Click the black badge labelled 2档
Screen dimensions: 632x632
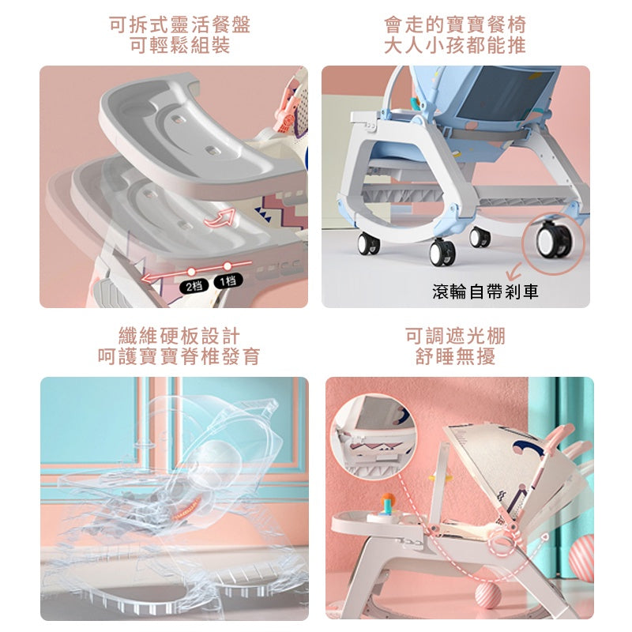194,286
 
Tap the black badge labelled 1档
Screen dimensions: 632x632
228,280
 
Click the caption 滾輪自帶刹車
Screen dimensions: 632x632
485,291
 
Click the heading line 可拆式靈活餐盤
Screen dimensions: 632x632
180,25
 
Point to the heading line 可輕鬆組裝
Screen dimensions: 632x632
180,45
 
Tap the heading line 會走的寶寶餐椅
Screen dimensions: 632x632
455,25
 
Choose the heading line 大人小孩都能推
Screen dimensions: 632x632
455,45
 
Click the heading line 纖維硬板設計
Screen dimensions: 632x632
179,337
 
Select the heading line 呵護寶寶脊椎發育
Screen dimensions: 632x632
179,356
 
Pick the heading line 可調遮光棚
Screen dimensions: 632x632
455,337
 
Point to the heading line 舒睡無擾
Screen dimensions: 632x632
455,356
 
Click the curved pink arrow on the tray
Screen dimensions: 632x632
220,218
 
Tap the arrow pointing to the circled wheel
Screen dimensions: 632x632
513,272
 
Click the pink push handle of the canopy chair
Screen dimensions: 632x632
560,435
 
